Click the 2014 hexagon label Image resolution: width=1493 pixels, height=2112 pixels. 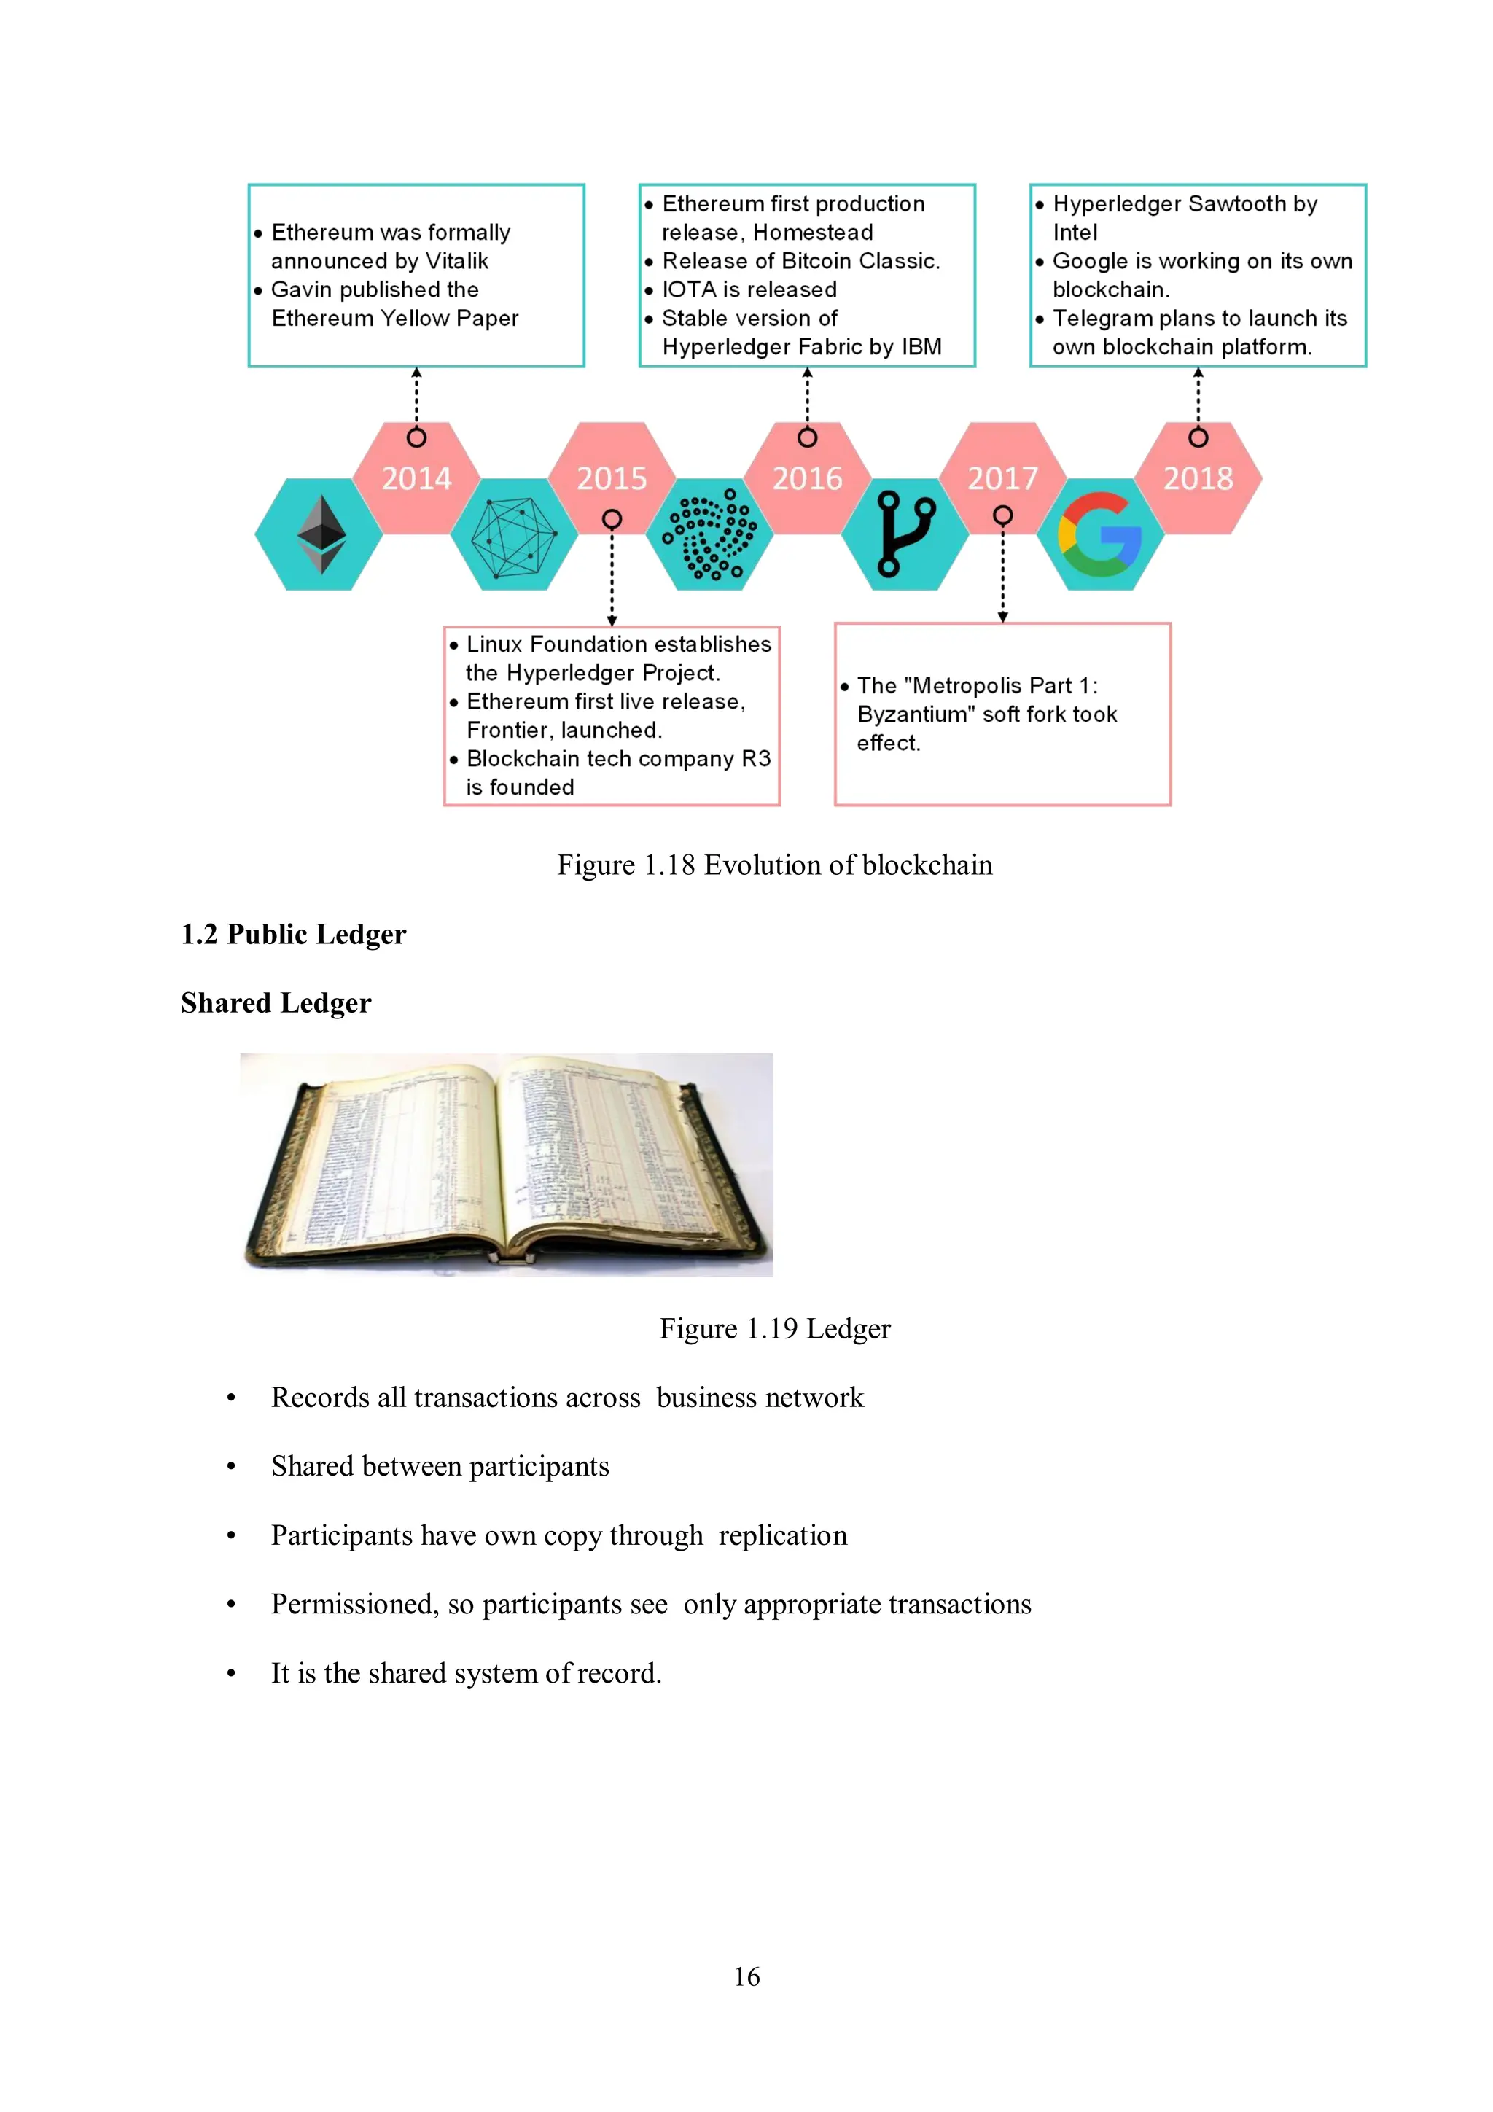point(417,478)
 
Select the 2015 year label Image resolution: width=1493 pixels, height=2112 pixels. point(612,478)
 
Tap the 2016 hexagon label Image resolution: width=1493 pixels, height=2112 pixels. point(807,478)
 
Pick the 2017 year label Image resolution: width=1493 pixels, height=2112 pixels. point(1002,478)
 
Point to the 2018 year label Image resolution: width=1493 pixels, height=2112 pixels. point(1198,478)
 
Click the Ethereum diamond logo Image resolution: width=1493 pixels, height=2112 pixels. point(321,534)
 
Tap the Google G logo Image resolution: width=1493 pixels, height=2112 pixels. point(1100,534)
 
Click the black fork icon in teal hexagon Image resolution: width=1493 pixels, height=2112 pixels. point(905,534)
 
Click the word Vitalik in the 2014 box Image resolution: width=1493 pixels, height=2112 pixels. point(457,261)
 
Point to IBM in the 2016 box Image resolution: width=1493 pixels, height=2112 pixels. point(921,347)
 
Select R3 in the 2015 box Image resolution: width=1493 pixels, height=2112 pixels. point(755,759)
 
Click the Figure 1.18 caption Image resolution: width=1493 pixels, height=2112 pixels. point(773,865)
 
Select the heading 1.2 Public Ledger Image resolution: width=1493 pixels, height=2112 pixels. point(294,935)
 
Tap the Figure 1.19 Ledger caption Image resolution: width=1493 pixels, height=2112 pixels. point(774,1328)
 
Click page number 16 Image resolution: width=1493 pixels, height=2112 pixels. point(747,1977)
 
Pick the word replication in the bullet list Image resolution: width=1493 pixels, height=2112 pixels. point(783,1535)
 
